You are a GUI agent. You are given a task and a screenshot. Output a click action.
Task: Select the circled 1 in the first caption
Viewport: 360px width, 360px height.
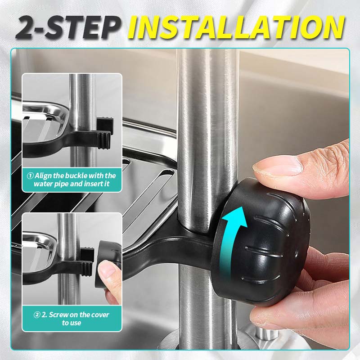click(31, 175)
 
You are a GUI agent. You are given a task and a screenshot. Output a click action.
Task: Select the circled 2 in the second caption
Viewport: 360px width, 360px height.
click(37, 315)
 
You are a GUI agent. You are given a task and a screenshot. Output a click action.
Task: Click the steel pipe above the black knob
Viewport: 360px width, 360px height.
click(207, 112)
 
